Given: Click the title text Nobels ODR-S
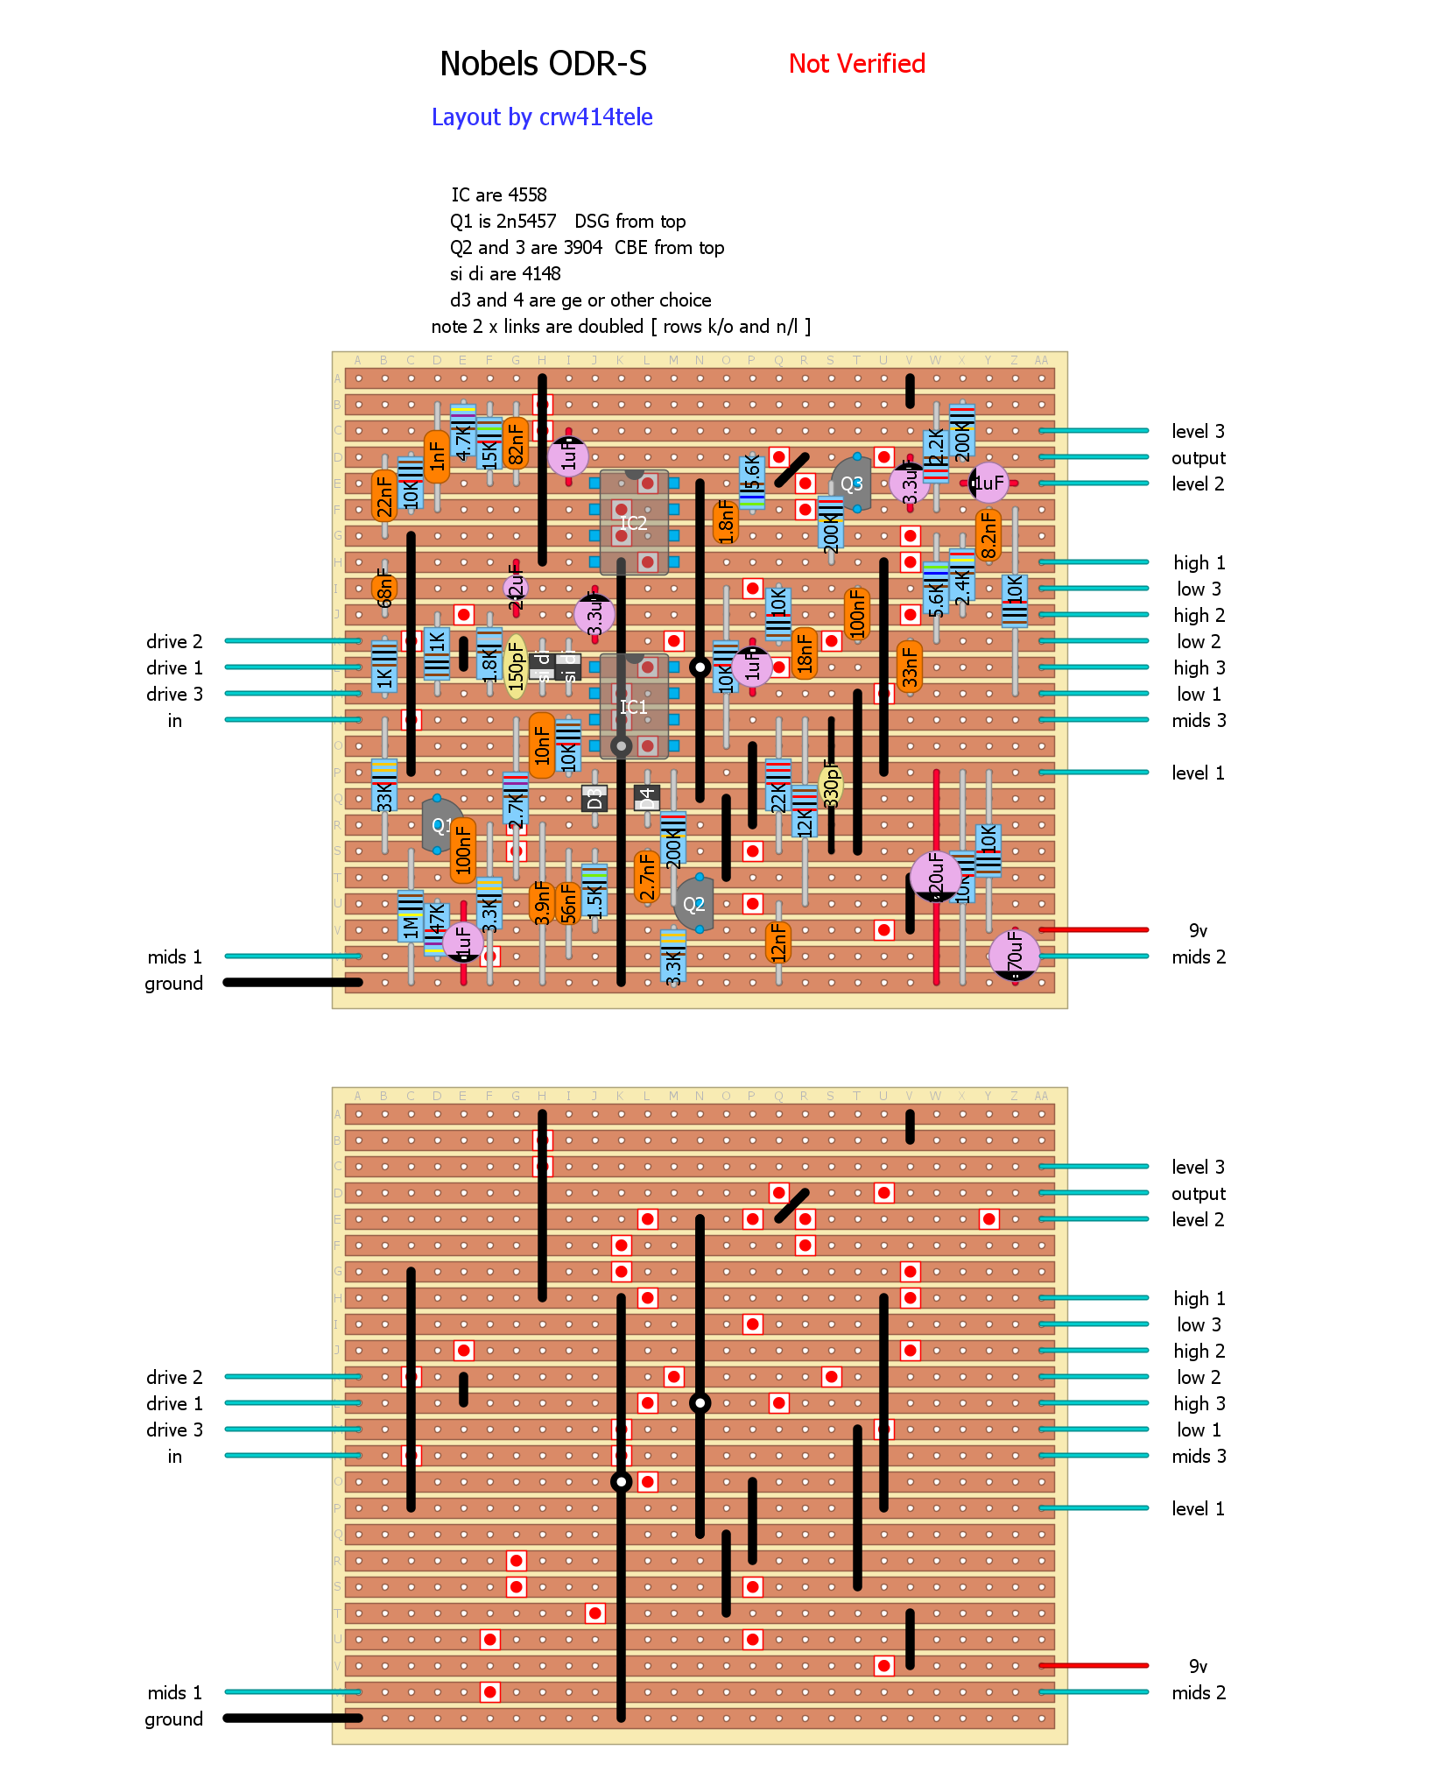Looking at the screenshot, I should [x=543, y=64].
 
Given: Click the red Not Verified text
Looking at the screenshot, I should [x=856, y=64].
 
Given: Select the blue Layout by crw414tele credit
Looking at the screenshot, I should [x=542, y=117].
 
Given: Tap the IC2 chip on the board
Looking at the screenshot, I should [x=634, y=523].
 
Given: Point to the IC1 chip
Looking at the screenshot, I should [x=634, y=706].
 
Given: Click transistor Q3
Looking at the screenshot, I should [x=852, y=484].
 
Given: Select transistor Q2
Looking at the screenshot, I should [x=694, y=904].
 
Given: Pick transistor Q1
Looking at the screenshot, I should [x=441, y=825].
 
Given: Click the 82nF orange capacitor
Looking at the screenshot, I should [x=516, y=442].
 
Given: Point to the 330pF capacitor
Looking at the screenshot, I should [x=831, y=782].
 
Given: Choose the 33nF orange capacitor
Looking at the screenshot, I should [x=910, y=666].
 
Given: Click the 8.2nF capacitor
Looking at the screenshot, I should [x=988, y=534].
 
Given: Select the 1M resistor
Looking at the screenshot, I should [x=410, y=915].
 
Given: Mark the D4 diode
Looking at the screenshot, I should [x=647, y=798].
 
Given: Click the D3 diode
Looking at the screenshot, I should [x=594, y=798].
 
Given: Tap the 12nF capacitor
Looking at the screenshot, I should [x=777, y=942].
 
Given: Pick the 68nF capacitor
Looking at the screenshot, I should [x=384, y=587].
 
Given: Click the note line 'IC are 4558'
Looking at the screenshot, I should [x=498, y=194].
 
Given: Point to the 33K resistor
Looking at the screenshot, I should [x=383, y=785].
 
